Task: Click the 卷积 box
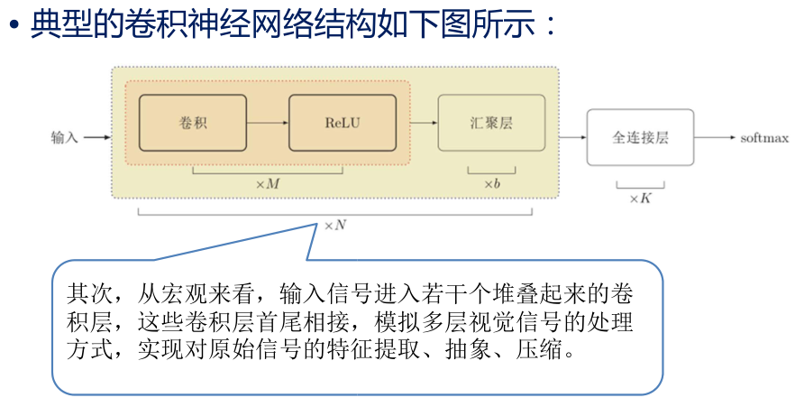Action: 193,122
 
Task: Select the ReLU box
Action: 342,122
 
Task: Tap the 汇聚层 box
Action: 491,122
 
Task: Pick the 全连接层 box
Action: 640,137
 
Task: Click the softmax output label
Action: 764,138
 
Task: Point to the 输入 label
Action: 65,138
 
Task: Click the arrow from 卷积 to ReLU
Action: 267,122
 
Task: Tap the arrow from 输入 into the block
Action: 96,138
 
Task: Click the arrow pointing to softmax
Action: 717,138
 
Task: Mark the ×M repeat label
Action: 267,184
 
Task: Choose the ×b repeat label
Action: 491,184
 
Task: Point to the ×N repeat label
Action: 334,225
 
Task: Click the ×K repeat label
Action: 640,198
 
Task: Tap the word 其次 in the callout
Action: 87,294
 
